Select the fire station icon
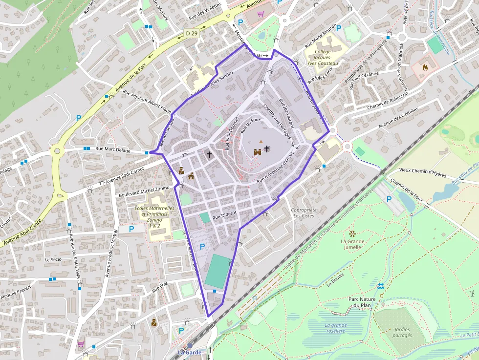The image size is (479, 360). pos(424,67)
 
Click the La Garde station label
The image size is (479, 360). pos(189,352)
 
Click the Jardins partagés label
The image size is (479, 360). pos(402,332)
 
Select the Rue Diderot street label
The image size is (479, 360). pos(224,213)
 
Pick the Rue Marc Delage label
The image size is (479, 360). pos(113,150)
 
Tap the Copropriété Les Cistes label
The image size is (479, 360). pos(303,212)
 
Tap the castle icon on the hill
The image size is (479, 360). pos(258,152)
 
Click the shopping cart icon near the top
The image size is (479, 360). pos(261,14)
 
